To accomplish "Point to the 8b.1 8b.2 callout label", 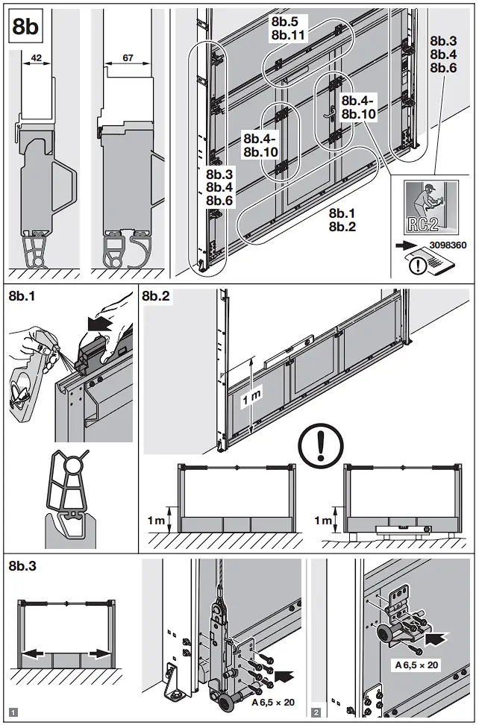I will (x=342, y=220).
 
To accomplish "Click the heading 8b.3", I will (x=25, y=566).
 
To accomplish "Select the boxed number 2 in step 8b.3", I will (x=317, y=712).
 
